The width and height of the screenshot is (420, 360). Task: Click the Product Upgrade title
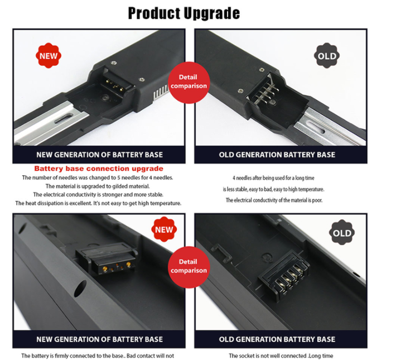coord(184,13)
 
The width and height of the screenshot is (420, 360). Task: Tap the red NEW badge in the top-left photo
coord(49,55)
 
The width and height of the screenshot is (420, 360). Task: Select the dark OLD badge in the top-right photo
coord(327,55)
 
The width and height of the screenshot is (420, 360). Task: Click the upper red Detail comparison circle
coord(189,83)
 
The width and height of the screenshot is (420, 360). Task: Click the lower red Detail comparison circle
coord(189,267)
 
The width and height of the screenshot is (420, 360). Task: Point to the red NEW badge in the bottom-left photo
coord(164,229)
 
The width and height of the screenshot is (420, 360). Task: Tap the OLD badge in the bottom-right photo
coord(342,232)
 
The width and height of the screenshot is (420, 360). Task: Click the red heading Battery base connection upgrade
coord(99,169)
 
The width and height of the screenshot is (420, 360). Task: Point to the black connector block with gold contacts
coord(107,258)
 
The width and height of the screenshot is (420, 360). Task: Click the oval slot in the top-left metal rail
coord(64,118)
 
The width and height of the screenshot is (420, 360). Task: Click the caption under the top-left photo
coord(99,155)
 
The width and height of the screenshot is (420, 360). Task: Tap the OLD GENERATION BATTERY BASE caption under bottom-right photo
coord(277,339)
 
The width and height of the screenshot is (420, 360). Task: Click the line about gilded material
coord(98,186)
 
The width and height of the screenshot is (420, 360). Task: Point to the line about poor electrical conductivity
coord(274,200)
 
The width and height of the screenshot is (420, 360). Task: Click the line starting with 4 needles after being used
coord(273,178)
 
